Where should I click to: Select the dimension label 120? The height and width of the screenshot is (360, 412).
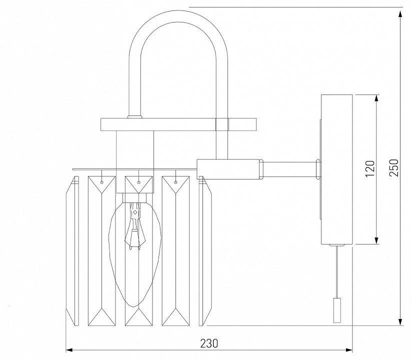click(x=369, y=169)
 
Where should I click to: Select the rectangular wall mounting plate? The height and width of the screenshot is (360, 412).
click(x=336, y=169)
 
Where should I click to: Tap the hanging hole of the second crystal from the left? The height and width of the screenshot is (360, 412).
click(x=101, y=182)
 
